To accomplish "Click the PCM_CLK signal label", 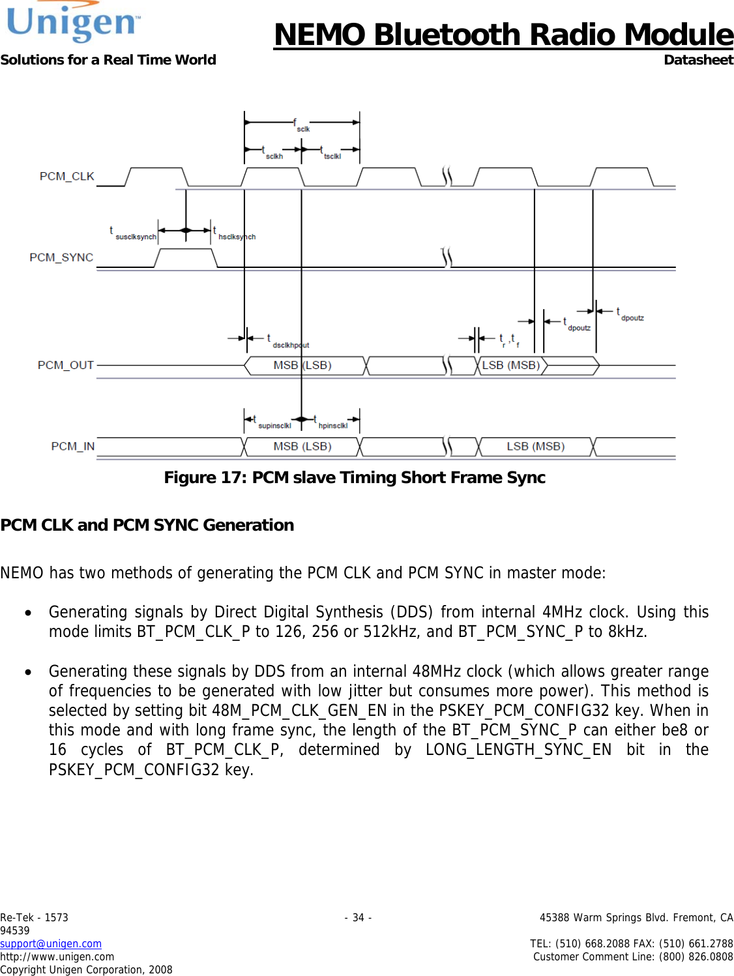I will pos(66,177).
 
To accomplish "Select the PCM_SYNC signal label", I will pos(61,258).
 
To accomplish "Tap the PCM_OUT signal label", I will pos(65,365).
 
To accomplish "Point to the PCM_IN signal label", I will pos(72,447).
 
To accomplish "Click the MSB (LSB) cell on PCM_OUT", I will pos(302,366).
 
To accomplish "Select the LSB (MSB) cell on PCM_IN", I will pos(536,447).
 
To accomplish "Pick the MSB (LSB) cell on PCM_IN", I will pos(302,447).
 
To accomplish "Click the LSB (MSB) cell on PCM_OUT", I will pos(511,366).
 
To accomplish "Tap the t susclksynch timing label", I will pos(133,233).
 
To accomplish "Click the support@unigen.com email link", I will pos(51,943).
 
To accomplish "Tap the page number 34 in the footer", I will pos(358,917).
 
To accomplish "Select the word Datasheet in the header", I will pos(698,60).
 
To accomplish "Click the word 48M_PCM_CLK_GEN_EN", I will pos(299,711).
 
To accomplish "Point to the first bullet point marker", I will pos(28,613).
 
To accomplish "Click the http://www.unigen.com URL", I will pos(57,956).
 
